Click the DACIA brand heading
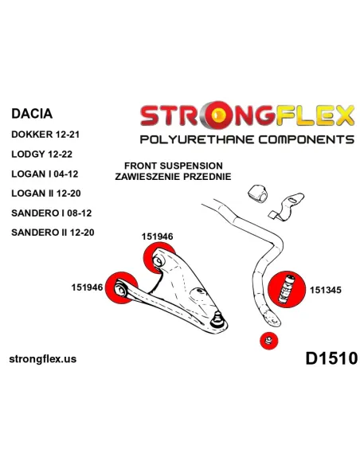click(32, 114)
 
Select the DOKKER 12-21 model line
click(45, 135)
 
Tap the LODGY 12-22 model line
click(41, 154)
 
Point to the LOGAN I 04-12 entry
click(45, 174)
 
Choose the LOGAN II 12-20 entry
click(46, 193)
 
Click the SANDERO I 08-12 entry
click(52, 213)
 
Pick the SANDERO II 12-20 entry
click(53, 232)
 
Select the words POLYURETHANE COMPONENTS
click(247, 139)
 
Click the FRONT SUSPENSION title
click(174, 166)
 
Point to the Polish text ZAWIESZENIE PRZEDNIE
click(173, 177)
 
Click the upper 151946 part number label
click(157, 236)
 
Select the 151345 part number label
click(326, 290)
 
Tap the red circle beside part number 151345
click(287, 290)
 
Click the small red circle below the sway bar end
click(269, 341)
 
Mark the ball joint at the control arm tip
click(218, 318)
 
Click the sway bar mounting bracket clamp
click(287, 206)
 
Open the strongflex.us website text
click(43, 359)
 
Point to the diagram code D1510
click(331, 358)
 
